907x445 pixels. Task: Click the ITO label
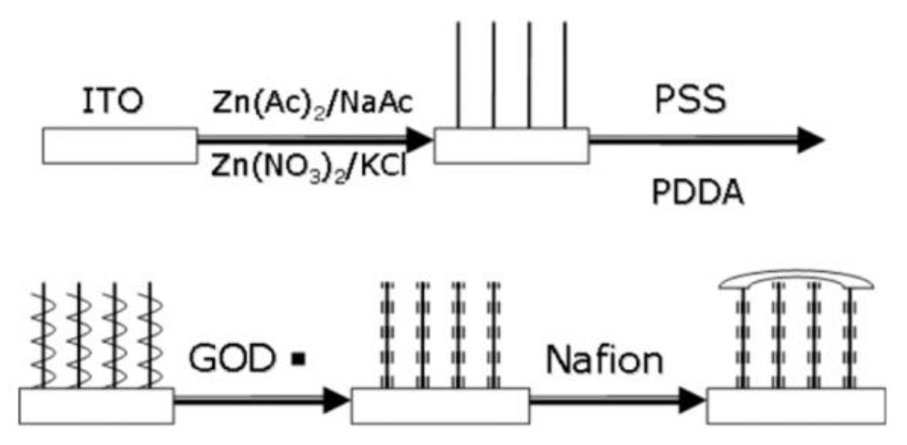(112, 101)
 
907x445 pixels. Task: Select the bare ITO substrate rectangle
(120, 146)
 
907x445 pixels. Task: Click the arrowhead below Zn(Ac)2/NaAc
(418, 140)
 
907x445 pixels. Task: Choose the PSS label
(690, 99)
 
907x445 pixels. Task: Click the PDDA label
(698, 193)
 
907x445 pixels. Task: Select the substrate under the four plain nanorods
(511, 146)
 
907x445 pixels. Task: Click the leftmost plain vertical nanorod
(458, 76)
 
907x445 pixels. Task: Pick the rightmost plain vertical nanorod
(565, 76)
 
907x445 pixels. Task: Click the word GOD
(232, 359)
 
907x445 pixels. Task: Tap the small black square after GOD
(299, 359)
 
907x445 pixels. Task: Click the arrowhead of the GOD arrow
(335, 400)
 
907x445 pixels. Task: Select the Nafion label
(604, 360)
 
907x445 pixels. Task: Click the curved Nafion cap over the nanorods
(796, 279)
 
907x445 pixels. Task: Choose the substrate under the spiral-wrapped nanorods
(96, 406)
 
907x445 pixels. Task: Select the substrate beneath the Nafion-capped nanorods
(796, 406)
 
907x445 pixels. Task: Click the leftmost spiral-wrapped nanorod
(43, 335)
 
